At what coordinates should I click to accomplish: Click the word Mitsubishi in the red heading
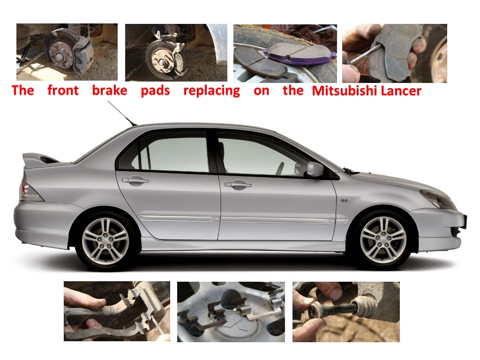pos(345,90)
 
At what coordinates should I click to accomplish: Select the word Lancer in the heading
pos(401,90)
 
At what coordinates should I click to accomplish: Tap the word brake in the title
pos(110,90)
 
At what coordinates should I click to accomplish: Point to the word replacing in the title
pos(211,90)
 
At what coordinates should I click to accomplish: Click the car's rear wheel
pos(105,241)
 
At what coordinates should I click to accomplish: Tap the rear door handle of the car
pos(135,180)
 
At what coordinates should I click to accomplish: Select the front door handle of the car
pos(238,185)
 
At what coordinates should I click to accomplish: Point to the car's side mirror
pos(315,169)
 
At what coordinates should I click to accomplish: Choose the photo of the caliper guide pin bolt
pos(346,311)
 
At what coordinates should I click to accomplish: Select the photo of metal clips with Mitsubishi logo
pos(231,311)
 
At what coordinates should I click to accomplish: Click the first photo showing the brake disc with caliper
pos(67,52)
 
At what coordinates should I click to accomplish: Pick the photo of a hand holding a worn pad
pos(394,53)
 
